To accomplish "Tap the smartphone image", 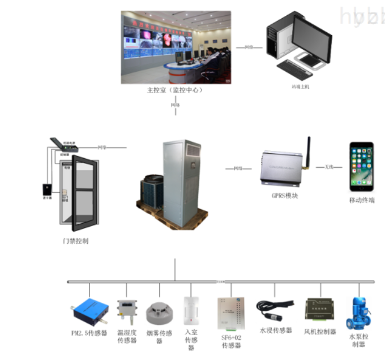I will coord(361,164).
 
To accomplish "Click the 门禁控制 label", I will coord(75,241).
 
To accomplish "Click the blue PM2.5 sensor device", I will coord(90,309).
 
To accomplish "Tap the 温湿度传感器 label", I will coord(127,336).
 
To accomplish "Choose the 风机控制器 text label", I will coord(320,332).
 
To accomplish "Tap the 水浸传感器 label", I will coord(276,330).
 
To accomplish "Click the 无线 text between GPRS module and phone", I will coord(329,167).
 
